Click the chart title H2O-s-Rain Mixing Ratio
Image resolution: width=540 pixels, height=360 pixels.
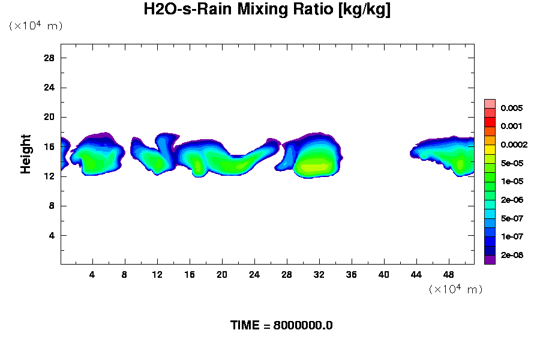[267, 10]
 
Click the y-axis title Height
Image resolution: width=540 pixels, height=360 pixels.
[26, 154]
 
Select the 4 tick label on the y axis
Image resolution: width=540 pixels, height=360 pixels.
[52, 235]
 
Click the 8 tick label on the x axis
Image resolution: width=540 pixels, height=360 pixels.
[125, 274]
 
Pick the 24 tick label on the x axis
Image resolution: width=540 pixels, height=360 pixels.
[254, 274]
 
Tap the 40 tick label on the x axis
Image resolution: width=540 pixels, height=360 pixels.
[384, 274]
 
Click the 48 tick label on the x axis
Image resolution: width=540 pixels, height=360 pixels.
[449, 274]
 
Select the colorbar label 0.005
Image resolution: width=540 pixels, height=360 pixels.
[512, 109]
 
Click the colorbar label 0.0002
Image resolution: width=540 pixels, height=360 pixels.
[514, 145]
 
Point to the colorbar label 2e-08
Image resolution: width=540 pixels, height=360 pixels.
[512, 255]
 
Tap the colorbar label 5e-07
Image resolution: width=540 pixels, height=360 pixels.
[512, 218]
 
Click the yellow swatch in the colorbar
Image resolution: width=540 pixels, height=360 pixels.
[490, 149]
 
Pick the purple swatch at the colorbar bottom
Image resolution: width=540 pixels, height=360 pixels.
[490, 260]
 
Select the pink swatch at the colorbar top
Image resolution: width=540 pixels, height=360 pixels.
[490, 103]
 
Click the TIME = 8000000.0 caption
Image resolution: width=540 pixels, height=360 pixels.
[281, 326]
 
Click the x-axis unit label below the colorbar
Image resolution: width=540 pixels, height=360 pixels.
[455, 289]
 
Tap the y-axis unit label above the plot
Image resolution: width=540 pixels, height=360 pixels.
[35, 26]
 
